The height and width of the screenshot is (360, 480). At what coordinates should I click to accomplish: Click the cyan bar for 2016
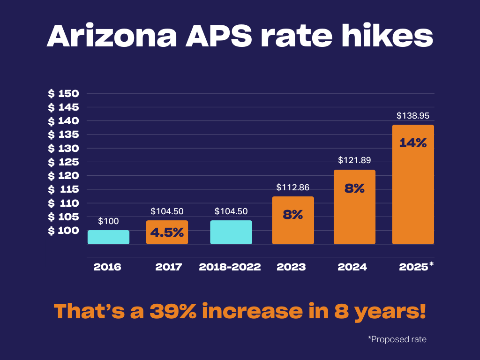pos(108,237)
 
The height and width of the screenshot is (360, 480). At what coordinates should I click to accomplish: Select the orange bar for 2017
pos(167,232)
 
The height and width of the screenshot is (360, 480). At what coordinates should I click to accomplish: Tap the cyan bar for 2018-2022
pos(231,232)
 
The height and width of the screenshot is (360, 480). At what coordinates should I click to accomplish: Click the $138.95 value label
pos(413,115)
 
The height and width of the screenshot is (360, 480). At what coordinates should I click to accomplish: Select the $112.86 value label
pos(293,187)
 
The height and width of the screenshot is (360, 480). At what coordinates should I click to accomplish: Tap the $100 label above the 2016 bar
pos(108,221)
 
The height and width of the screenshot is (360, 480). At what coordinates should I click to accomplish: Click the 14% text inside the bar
pos(413,143)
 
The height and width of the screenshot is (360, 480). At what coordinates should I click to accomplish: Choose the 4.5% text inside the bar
pos(167,232)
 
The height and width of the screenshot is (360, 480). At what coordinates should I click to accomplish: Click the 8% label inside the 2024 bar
pos(355,188)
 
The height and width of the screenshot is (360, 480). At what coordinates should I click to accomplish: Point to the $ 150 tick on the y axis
pos(63,93)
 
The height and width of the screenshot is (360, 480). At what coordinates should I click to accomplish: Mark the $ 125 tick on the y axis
pos(63,162)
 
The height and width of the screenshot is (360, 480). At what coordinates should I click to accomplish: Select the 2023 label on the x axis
pos(291,267)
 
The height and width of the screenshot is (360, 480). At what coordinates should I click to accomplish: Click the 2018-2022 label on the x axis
pos(230,267)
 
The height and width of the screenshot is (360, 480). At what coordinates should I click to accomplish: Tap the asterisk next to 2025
pos(431,265)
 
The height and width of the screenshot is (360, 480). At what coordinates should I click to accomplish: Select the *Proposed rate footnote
pos(397,339)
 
